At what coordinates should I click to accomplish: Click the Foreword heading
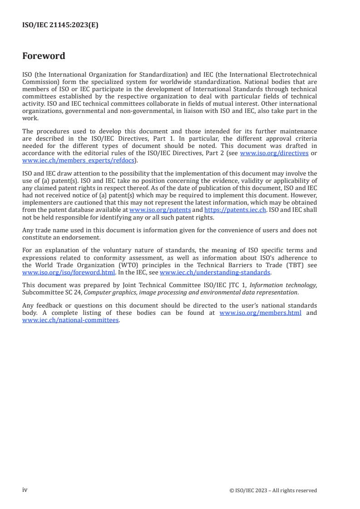tap(44, 56)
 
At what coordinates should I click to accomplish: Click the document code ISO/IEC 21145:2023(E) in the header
tap(60, 25)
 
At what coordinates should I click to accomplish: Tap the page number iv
tap(25, 489)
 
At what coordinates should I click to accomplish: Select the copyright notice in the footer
tap(273, 490)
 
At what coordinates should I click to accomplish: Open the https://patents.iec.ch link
tap(235, 210)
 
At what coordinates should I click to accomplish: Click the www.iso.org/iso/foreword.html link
tap(69, 272)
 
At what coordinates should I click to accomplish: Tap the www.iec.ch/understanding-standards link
tap(215, 272)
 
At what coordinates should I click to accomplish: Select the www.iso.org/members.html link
tap(260, 313)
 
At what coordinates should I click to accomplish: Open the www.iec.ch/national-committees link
tap(70, 320)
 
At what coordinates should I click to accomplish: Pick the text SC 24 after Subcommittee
tap(67, 292)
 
